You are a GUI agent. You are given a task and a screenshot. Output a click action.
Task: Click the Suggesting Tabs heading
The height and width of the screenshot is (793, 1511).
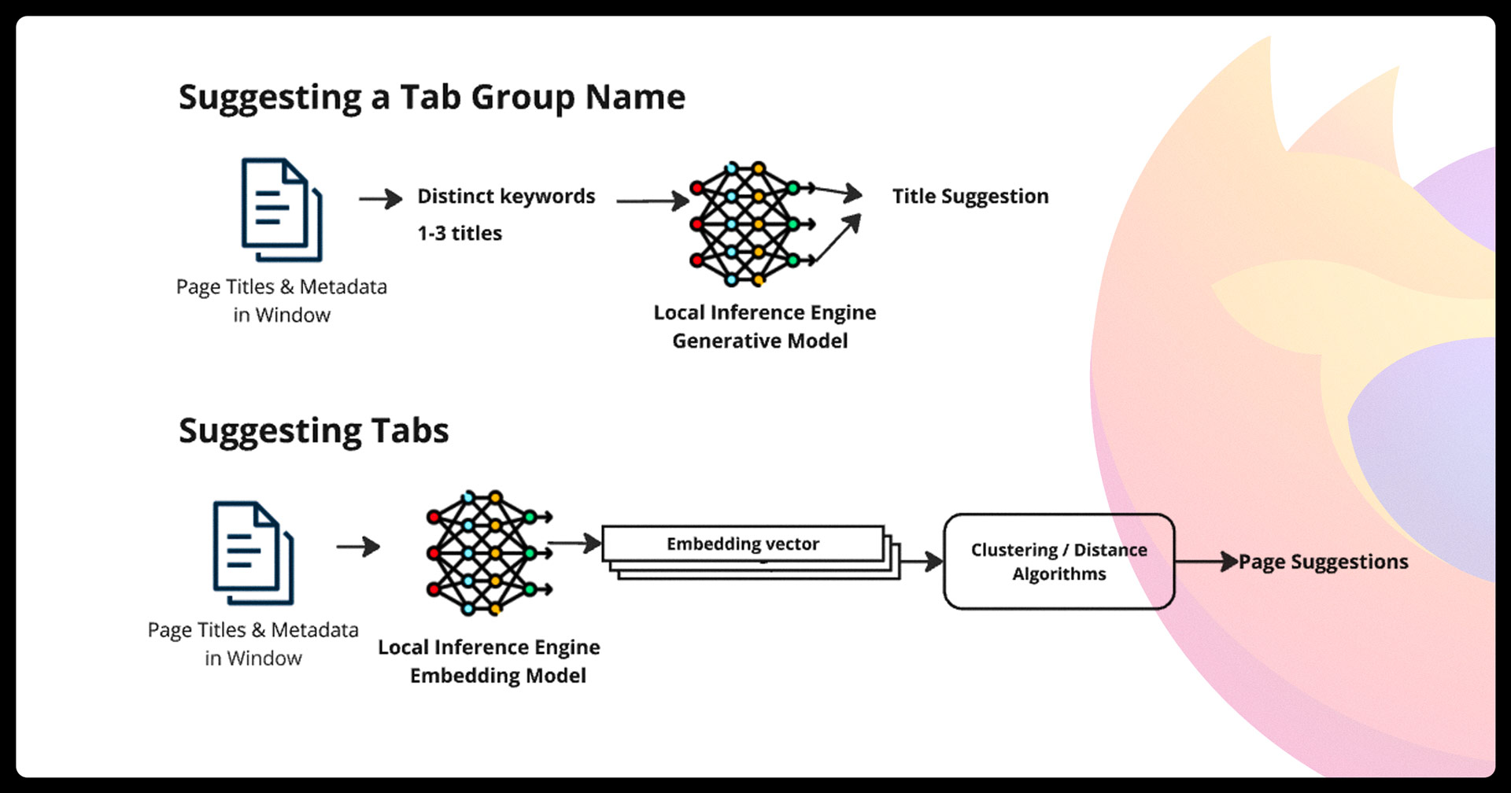pyautogui.click(x=313, y=431)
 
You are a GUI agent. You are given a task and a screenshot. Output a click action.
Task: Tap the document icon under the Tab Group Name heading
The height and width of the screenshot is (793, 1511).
pyautogui.click(x=282, y=209)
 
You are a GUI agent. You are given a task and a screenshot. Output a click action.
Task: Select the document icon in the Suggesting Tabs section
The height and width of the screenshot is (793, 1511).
pyautogui.click(x=253, y=553)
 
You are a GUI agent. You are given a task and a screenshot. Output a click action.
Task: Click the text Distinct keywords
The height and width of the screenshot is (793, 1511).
pyautogui.click(x=506, y=196)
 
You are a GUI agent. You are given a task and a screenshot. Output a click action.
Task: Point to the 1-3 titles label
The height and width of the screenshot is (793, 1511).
pyautogui.click(x=460, y=233)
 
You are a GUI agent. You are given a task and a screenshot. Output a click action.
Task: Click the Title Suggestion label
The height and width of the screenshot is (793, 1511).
pyautogui.click(x=970, y=196)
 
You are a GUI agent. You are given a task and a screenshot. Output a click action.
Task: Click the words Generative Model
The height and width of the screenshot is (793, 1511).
pyautogui.click(x=760, y=341)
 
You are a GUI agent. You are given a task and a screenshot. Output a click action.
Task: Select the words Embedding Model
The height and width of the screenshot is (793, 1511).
pyautogui.click(x=498, y=676)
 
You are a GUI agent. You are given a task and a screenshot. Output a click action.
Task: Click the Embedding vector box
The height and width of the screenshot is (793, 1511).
pyautogui.click(x=743, y=544)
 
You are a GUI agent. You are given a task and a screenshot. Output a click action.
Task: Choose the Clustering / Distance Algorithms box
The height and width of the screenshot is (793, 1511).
pyautogui.click(x=1058, y=562)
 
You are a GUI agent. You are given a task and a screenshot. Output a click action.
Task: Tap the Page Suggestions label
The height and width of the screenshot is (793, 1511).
pyautogui.click(x=1324, y=562)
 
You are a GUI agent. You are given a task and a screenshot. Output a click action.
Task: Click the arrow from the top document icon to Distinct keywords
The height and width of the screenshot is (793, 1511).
pyautogui.click(x=381, y=198)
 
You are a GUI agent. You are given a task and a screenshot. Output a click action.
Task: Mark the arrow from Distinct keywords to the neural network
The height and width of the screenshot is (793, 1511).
pyautogui.click(x=652, y=201)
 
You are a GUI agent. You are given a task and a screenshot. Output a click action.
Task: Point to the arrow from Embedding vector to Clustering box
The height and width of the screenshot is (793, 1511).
pyautogui.click(x=922, y=562)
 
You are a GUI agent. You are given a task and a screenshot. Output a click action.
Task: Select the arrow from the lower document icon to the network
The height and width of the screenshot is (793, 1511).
pyautogui.click(x=358, y=546)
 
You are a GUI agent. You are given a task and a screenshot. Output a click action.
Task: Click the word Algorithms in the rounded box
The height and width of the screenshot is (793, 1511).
pyautogui.click(x=1059, y=574)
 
